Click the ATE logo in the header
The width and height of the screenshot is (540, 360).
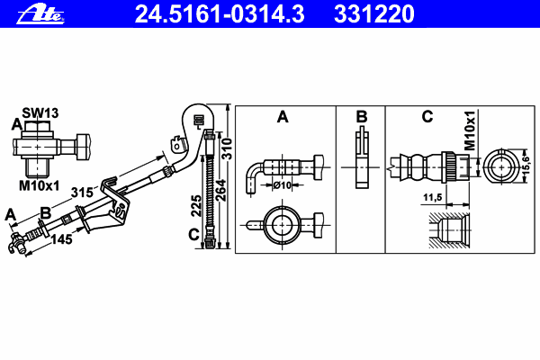(x=40, y=14)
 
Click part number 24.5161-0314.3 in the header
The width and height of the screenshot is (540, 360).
(x=220, y=14)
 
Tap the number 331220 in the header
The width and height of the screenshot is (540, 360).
(x=374, y=14)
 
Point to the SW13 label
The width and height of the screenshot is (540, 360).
(x=40, y=112)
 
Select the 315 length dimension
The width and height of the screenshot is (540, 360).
(x=82, y=193)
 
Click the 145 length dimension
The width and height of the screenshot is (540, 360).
(x=61, y=238)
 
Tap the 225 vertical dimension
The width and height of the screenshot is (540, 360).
(x=196, y=206)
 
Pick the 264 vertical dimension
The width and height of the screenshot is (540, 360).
(x=220, y=190)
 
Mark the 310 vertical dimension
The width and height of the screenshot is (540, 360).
(x=227, y=148)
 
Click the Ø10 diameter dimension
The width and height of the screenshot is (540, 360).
(x=283, y=185)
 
